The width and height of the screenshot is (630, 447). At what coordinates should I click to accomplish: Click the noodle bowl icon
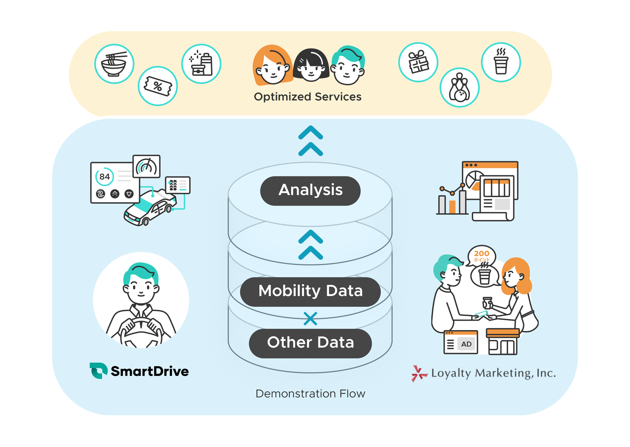tap(114, 64)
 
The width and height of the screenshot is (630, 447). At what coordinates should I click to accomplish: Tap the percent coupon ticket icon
tap(158, 86)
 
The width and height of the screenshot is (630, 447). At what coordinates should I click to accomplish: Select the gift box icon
tap(418, 62)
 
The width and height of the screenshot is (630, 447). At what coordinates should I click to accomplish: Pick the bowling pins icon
tap(459, 88)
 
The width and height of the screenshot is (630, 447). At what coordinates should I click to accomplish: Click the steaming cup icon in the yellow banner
tap(501, 62)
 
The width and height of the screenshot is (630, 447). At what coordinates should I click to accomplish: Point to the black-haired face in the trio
tap(311, 66)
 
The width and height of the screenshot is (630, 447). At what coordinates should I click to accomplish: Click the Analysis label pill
tap(310, 191)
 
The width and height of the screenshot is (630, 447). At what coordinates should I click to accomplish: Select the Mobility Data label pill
tap(310, 291)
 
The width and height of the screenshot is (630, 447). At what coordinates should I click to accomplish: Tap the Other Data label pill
tap(310, 343)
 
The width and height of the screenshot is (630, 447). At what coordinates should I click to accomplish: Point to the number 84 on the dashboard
tap(104, 177)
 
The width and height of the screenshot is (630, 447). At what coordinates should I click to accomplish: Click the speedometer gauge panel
tap(146, 167)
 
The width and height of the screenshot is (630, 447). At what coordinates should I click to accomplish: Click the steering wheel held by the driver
tap(141, 330)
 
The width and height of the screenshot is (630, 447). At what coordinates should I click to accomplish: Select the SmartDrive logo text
tap(150, 371)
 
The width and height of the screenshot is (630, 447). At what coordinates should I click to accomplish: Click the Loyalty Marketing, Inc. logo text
tap(493, 373)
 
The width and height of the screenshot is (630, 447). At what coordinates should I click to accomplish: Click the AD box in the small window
tap(466, 344)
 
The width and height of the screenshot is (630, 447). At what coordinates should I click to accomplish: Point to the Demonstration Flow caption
tap(310, 394)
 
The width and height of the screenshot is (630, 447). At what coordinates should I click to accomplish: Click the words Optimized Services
tap(307, 97)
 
